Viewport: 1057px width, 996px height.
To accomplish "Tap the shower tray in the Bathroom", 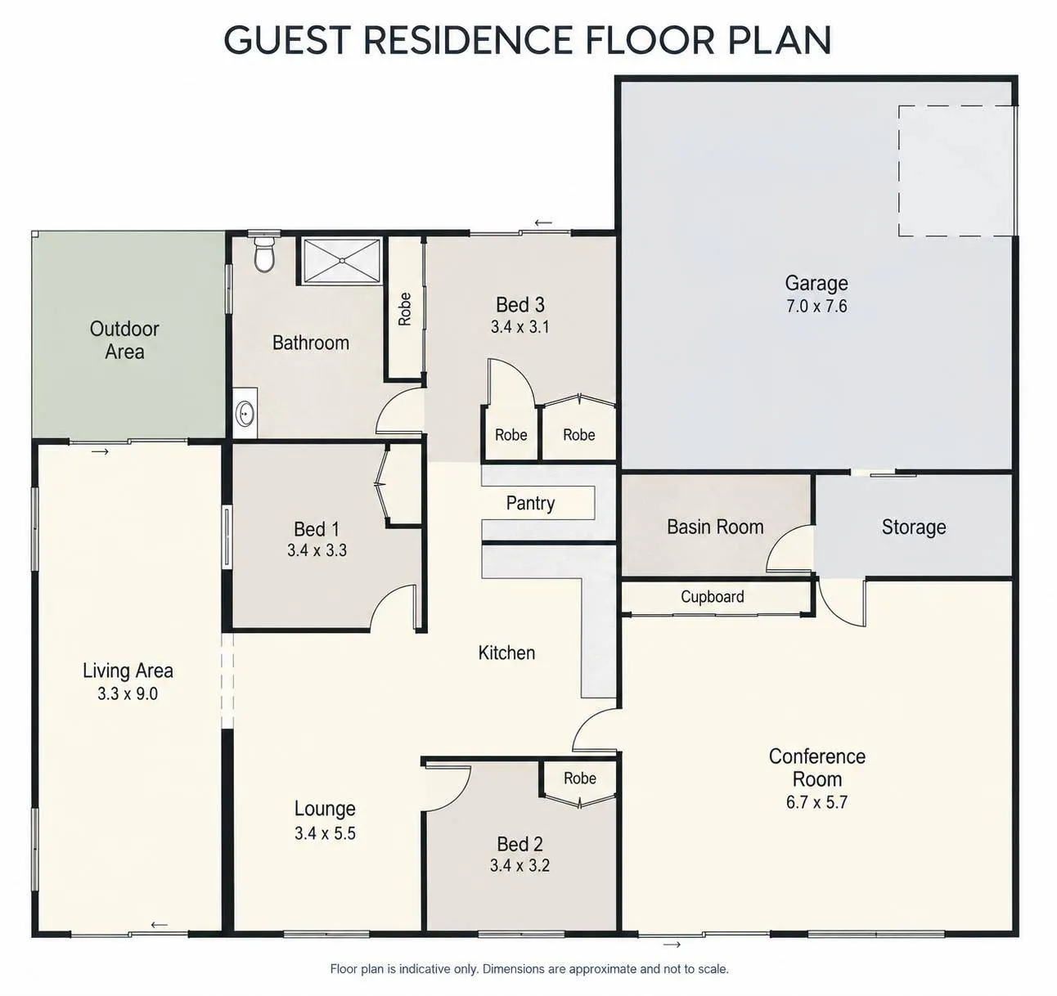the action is point(342,260).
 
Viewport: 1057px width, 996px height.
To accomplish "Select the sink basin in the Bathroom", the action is point(246,413).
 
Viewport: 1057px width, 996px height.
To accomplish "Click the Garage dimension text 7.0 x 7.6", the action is point(816,307).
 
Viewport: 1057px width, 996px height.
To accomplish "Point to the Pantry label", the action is point(530,503).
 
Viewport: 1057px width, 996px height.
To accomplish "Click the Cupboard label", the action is point(712,596).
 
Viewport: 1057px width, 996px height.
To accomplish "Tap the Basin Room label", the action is point(715,527).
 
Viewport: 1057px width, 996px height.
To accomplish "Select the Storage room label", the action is point(914,527).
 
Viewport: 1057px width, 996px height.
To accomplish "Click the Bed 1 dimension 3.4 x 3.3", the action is point(317,550).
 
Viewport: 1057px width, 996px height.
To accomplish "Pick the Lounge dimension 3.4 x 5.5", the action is point(325,832).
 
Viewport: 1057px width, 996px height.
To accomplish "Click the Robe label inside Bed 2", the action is point(579,778).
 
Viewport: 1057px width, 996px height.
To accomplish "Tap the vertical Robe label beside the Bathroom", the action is point(404,309).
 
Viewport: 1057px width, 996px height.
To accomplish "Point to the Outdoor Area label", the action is point(124,340).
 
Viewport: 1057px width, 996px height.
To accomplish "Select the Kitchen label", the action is point(506,653).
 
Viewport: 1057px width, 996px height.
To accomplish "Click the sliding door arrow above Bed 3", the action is point(543,222).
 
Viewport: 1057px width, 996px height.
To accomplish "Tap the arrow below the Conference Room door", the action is point(672,944).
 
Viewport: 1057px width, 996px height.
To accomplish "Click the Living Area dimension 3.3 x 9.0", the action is point(128,693).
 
